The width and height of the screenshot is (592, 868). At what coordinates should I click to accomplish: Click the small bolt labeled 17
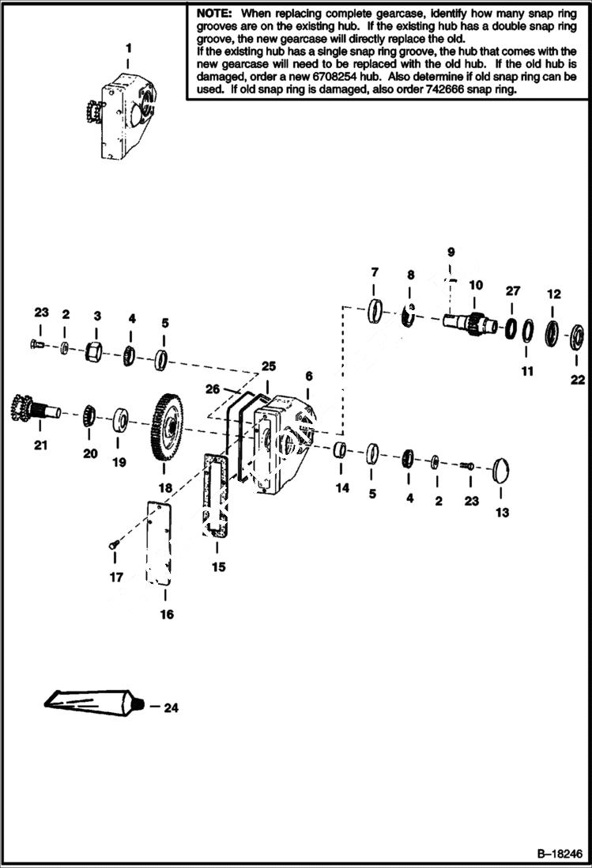pos(112,544)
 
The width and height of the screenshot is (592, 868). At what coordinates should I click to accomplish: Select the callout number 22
pos(578,379)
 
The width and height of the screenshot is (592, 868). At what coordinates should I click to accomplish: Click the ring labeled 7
pos(375,309)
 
